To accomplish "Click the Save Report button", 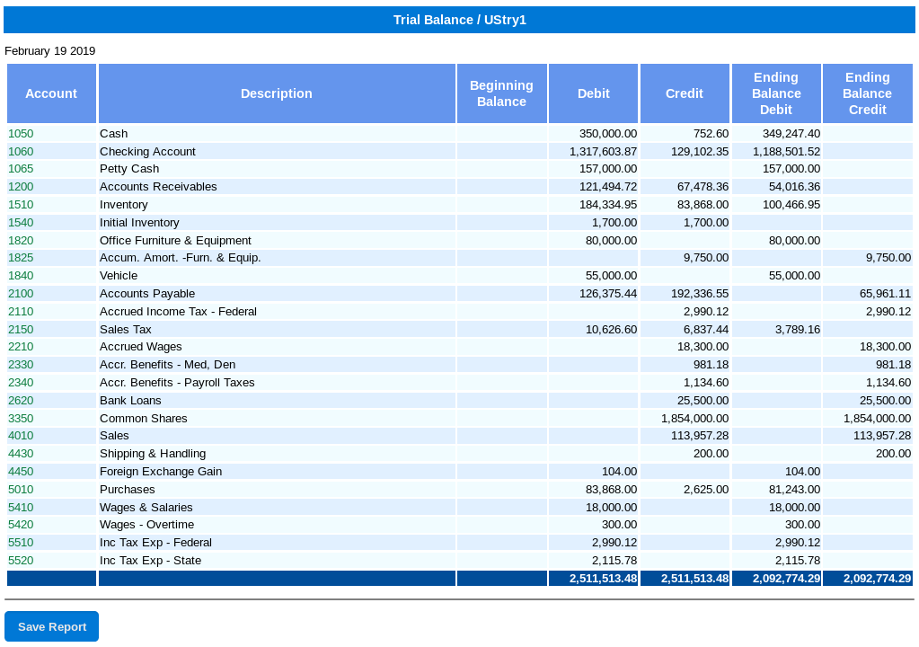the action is pos(51,626).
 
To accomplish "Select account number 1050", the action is pos(21,134).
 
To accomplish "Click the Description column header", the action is pos(277,93).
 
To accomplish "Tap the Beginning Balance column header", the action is pos(501,93).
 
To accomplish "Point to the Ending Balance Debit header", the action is pos(776,93).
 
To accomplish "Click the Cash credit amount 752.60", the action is pos(711,134).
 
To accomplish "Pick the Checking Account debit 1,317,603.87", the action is pos(603,152).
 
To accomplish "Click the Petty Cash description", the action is pos(129,169).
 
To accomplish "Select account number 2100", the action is pos(21,294).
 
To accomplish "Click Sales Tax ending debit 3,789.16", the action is pos(798,330).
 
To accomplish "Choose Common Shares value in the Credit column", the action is pos(695,419).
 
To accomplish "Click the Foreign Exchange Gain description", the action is pos(161,472).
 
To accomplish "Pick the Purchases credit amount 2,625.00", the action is pos(706,490).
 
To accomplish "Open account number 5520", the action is pos(21,561).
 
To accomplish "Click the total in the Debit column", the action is pos(603,579).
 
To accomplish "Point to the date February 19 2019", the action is pos(49,51).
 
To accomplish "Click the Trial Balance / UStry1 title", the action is pos(460,20).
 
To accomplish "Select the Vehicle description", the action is pos(119,276).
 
